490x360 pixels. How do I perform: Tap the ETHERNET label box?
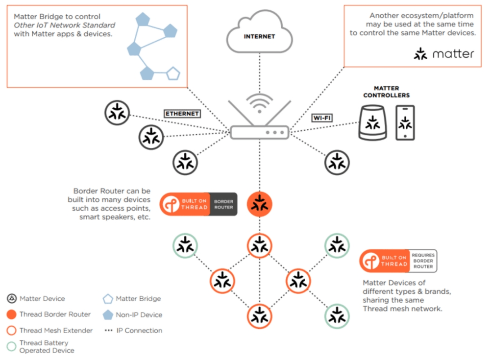click(x=182, y=114)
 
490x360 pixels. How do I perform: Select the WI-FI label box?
click(x=321, y=118)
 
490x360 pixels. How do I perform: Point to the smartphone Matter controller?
click(x=405, y=123)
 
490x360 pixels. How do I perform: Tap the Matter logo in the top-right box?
click(x=444, y=54)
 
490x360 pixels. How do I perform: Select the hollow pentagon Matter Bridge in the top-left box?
click(x=173, y=74)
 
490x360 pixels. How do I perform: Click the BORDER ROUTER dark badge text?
click(x=224, y=204)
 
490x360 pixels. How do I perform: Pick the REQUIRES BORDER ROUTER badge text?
click(x=422, y=261)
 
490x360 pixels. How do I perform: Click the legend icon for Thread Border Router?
click(x=12, y=314)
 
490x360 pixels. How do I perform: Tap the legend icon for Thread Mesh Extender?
click(x=12, y=331)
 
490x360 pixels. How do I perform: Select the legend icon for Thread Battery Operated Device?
click(x=12, y=346)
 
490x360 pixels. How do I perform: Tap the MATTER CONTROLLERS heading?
click(x=386, y=92)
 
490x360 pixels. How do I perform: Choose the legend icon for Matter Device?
click(x=12, y=299)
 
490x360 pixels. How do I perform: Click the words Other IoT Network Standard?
click(x=64, y=25)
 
